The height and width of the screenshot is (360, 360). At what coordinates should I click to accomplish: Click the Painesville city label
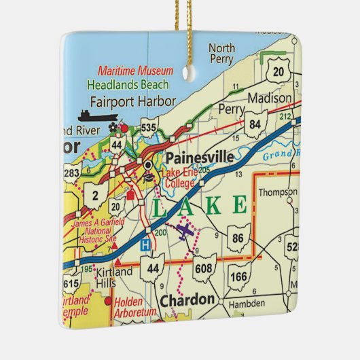[x=200, y=158]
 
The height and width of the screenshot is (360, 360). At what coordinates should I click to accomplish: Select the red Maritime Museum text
[x=135, y=71]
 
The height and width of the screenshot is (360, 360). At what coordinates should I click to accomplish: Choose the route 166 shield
[x=238, y=277]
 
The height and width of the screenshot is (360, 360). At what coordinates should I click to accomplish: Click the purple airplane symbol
[x=185, y=232]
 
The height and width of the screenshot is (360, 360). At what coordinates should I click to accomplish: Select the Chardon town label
[x=187, y=299]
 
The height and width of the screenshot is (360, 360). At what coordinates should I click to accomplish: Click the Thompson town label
[x=278, y=192]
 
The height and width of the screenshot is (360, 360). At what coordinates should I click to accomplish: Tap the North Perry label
[x=221, y=53]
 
